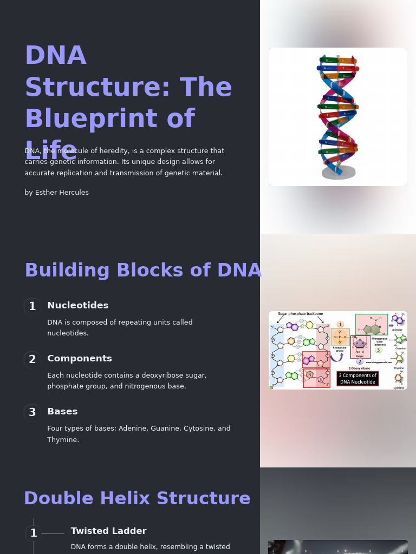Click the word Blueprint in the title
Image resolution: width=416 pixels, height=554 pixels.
click(x=109, y=119)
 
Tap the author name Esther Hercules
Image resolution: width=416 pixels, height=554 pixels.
click(x=62, y=193)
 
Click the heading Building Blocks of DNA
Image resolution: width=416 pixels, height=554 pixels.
click(x=143, y=271)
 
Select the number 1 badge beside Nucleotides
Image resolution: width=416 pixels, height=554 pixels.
click(x=32, y=307)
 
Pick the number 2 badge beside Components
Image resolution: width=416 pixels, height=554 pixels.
click(x=32, y=360)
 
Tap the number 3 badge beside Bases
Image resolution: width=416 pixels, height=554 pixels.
click(x=32, y=413)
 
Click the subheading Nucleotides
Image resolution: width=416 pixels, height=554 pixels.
click(x=77, y=306)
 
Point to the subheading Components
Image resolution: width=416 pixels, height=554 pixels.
click(x=79, y=359)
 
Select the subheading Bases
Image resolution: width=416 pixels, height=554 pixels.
click(x=62, y=412)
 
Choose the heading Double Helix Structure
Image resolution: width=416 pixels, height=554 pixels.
click(x=137, y=499)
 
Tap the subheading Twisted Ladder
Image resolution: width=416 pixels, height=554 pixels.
click(x=108, y=531)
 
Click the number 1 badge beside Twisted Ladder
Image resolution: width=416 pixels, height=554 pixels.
click(x=34, y=533)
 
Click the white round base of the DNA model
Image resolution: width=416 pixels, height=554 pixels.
click(x=339, y=173)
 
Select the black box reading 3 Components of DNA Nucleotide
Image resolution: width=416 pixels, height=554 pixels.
click(x=357, y=379)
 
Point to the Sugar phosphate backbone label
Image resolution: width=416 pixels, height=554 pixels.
click(x=300, y=314)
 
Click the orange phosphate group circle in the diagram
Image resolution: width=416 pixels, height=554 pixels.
click(x=340, y=337)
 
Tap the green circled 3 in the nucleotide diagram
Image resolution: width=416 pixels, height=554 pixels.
click(x=379, y=350)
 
